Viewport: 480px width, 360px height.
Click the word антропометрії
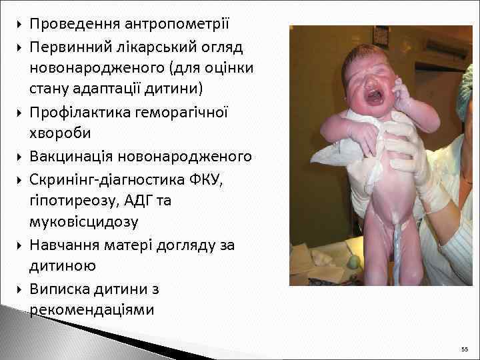[176, 25]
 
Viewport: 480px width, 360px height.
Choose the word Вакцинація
[71, 157]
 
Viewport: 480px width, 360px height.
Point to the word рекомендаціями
[91, 310]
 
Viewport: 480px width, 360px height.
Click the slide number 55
[464, 349]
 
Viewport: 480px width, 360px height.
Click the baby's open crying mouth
[374, 96]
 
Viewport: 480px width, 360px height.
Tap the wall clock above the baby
[381, 34]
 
